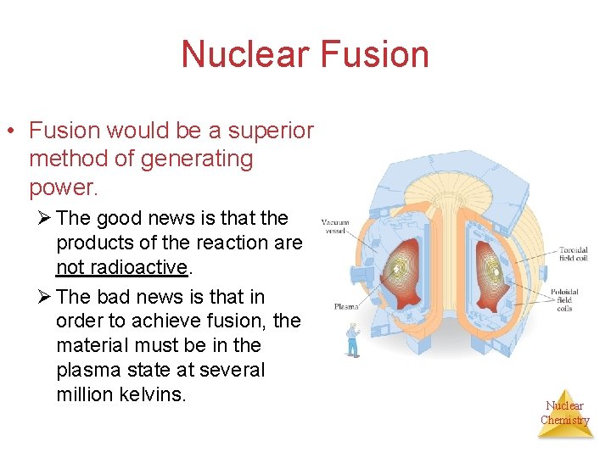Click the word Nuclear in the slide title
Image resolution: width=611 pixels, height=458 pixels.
click(246, 54)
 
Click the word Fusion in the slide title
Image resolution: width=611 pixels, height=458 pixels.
click(376, 54)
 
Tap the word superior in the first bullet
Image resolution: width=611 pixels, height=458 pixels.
click(271, 131)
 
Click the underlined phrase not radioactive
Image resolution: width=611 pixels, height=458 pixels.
click(121, 267)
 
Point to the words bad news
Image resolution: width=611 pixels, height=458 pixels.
click(149, 297)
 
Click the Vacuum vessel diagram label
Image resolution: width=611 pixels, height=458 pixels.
click(335, 226)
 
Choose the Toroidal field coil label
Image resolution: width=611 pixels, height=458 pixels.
click(574, 254)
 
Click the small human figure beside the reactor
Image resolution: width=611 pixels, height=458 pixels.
click(352, 340)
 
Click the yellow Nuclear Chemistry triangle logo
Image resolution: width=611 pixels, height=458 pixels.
click(564, 413)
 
